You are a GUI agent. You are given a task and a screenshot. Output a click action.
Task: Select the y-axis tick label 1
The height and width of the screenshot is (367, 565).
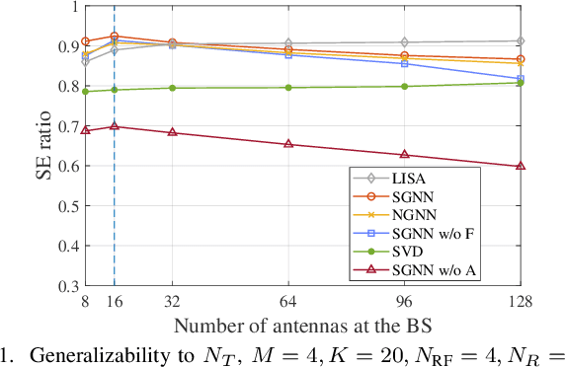[x=73, y=6]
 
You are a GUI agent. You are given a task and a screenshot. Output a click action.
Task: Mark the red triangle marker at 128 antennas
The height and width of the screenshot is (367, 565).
[x=521, y=166]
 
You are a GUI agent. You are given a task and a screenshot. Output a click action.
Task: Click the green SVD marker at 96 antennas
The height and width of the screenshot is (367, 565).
[x=404, y=87]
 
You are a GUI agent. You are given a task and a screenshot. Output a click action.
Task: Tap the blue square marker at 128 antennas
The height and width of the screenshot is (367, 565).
[x=521, y=79]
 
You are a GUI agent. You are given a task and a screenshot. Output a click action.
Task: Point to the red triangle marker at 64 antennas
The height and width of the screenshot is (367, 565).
[x=287, y=144]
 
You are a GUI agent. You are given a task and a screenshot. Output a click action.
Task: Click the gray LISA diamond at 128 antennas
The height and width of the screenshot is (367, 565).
[x=521, y=41]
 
